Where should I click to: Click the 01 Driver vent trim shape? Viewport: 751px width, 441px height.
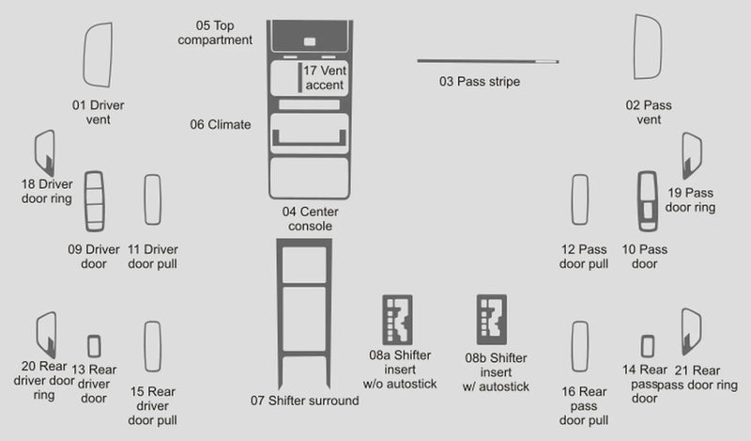[98, 54]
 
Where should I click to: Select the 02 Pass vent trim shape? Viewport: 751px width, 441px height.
[649, 54]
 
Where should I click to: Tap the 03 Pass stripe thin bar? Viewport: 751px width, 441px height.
[487, 62]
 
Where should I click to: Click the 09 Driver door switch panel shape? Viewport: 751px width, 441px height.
[95, 201]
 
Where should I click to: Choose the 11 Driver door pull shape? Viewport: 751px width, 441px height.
[152, 199]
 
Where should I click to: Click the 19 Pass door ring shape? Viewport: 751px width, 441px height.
[692, 155]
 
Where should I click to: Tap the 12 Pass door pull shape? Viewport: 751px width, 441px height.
[579, 200]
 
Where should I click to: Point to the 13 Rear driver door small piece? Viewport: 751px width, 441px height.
[94, 346]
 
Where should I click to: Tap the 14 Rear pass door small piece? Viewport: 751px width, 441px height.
[647, 346]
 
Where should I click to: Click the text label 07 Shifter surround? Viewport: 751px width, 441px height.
[304, 401]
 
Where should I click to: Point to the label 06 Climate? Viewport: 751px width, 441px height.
[221, 124]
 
